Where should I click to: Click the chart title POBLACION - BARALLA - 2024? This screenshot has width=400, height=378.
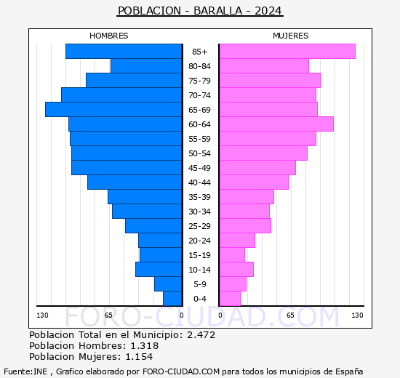200,11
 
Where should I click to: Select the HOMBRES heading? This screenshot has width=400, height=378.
109,36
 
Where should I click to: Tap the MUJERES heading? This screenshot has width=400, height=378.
291,36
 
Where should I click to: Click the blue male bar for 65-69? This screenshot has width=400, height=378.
113,110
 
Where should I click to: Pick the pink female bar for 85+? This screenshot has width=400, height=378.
287,52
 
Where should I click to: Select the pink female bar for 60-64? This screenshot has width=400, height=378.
276,124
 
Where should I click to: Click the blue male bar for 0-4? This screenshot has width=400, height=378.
172,299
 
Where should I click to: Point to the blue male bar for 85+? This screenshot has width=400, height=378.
124,52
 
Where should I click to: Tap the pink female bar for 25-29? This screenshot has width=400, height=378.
245,226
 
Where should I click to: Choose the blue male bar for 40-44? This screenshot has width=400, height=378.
135,182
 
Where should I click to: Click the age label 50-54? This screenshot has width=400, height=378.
200,153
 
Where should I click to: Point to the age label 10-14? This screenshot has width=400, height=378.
200,270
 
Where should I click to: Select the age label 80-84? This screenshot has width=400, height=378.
200,66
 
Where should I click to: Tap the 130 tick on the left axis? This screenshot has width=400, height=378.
43,315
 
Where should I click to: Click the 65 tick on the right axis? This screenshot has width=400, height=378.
290,315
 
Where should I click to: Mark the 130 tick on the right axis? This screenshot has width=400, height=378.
357,315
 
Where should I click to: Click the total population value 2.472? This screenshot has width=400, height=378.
200,335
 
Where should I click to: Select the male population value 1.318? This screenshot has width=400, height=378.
143,346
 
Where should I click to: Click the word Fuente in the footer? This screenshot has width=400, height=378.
17,370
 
